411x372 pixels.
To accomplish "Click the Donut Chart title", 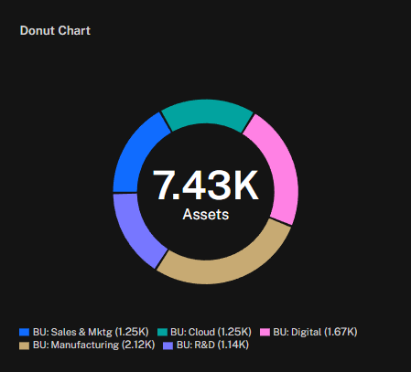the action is click(x=55, y=31).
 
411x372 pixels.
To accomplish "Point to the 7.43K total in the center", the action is click(x=206, y=186).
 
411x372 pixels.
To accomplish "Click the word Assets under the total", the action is click(x=206, y=214).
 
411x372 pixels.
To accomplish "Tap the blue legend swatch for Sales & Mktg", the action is click(x=24, y=332).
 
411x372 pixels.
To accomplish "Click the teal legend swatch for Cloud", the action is click(x=162, y=332).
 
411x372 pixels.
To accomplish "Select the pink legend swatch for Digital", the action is click(x=265, y=332).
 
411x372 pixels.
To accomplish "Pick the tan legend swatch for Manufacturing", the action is click(x=24, y=345).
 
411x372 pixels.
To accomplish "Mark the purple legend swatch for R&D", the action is click(x=168, y=345).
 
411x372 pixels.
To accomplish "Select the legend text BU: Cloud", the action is click(x=192, y=332).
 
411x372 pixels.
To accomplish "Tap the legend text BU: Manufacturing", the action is click(x=76, y=345).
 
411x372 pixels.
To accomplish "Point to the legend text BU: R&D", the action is click(x=196, y=345).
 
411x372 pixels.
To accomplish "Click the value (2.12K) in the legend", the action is click(x=138, y=345).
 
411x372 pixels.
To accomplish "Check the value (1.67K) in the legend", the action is click(x=341, y=332).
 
